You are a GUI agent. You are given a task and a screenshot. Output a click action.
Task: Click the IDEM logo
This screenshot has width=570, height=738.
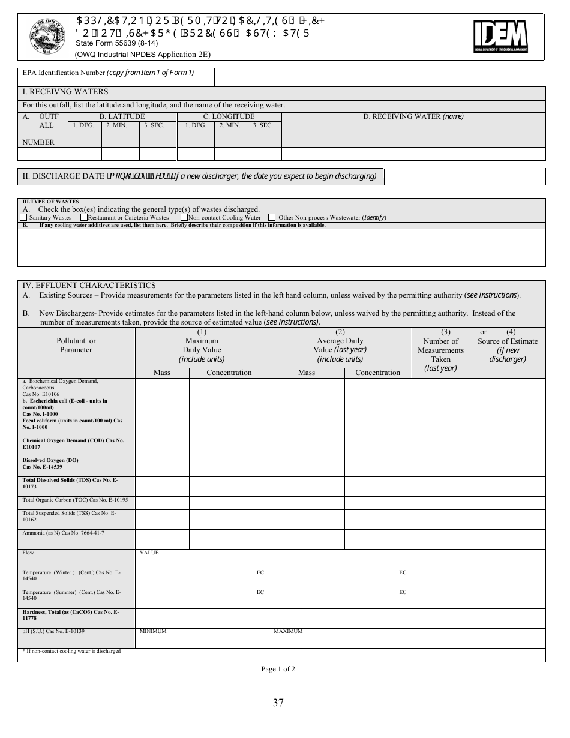pyautogui.click(x=500, y=36)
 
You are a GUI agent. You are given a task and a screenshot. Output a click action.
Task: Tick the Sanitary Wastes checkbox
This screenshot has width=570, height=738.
pyautogui.click(x=23, y=217)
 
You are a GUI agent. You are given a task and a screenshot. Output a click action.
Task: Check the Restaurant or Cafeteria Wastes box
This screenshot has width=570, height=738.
pyautogui.click(x=84, y=217)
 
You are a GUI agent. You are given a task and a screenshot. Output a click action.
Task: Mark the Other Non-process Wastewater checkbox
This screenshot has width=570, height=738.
pyautogui.click(x=272, y=217)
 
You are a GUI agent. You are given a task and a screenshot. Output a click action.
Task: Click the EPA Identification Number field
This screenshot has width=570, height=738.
pyautogui.click(x=116, y=77)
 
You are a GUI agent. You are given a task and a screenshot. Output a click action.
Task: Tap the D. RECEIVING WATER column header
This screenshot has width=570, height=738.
pyautogui.click(x=413, y=116)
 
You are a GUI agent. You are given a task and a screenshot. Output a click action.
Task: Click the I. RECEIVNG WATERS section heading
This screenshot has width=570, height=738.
pyautogui.click(x=65, y=92)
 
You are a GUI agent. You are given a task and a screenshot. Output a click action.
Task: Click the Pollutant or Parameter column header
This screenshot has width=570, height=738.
pyautogui.click(x=76, y=346)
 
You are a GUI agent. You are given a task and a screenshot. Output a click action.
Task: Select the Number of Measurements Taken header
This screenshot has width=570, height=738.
pyautogui.click(x=440, y=354)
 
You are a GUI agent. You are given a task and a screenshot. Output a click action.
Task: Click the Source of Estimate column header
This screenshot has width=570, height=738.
pyautogui.click(x=508, y=350)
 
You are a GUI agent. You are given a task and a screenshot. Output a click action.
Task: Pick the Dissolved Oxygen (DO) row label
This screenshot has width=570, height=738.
pyautogui.click(x=50, y=463)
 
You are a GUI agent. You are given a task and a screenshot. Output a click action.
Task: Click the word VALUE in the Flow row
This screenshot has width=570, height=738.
pyautogui.click(x=149, y=553)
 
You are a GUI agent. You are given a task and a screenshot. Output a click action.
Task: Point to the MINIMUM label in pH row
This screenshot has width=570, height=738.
pyautogui.click(x=153, y=631)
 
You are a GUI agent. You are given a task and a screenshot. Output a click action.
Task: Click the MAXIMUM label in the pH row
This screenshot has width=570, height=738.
pyautogui.click(x=288, y=631)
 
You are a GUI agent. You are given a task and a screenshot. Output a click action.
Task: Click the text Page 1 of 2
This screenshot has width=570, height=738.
pyautogui.click(x=278, y=669)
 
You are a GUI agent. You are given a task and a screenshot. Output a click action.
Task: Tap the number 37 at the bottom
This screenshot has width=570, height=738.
pyautogui.click(x=278, y=703)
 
